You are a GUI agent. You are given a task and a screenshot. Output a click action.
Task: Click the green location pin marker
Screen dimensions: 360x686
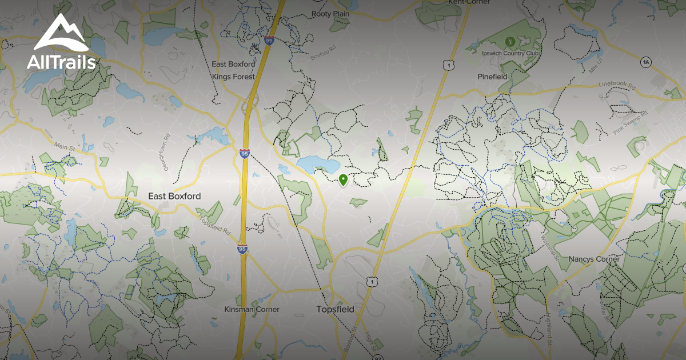pos(343,180)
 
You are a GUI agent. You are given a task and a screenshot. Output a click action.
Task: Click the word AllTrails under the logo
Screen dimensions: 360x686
pos(61,62)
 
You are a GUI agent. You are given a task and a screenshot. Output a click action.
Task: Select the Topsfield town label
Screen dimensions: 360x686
pos(335,309)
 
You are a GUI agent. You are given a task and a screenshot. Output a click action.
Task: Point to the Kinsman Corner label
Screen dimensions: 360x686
pos(252,309)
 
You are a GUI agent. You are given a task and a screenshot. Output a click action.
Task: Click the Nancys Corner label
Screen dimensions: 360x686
pos(594,259)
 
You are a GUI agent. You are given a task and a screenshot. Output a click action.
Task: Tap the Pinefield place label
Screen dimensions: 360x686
pos(493,76)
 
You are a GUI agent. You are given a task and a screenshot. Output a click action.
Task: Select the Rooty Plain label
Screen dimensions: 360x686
pos(330,14)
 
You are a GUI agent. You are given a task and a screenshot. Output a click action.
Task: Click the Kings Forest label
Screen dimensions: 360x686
pos(233,76)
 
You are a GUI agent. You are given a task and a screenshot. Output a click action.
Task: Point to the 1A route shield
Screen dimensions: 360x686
pos(646,61)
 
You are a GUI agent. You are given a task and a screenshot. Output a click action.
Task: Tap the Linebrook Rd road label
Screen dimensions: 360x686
pos(617,85)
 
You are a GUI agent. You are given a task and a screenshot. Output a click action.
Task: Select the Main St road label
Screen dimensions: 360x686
pos(65,148)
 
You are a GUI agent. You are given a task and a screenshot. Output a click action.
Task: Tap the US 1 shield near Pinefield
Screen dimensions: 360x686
pos(446,66)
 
